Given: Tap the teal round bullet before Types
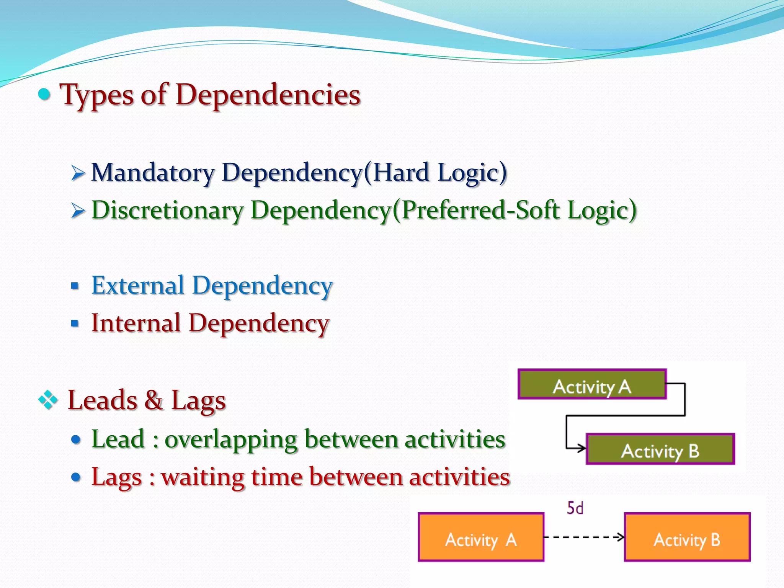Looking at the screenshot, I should pos(45,94).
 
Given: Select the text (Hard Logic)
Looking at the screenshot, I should pos(435,173).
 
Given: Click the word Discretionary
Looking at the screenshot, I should pos(167,211).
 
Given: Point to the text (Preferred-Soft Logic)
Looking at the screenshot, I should pos(514,211).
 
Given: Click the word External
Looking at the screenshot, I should pos(138,286).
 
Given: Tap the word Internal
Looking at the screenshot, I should pos(136,323).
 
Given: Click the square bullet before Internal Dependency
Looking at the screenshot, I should pos(75,324).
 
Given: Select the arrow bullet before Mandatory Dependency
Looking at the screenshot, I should pos(78,173).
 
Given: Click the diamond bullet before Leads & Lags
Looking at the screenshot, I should pos(48,400).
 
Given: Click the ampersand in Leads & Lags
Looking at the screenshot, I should pos(154,400).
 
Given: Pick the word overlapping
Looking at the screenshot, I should pos(231,439).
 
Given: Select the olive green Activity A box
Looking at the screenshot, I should pos(592,384).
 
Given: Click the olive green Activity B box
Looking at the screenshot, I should pos(660,449).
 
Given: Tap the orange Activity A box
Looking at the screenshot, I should pos(481,537).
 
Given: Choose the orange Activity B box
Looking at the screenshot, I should pos(687,537).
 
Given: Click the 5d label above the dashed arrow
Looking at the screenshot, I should pos(575,508).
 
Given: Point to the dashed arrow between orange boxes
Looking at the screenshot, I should pos(584,537).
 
